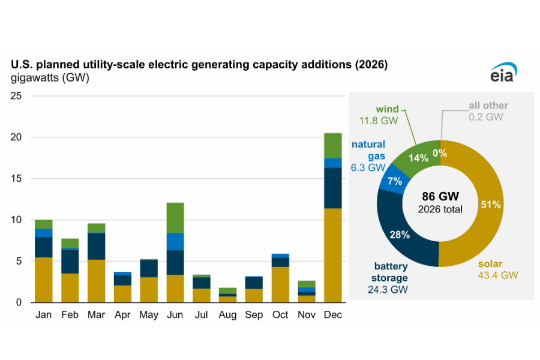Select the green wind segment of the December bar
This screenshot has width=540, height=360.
point(332,145)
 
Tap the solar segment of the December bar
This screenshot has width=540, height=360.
point(332,255)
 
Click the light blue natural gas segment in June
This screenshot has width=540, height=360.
point(175,241)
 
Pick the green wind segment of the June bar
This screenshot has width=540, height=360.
point(175,218)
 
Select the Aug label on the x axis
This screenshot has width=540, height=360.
point(227,315)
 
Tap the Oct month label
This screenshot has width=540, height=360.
point(280,315)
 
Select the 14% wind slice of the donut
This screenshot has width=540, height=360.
point(418,158)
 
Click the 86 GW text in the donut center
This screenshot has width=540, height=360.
point(440,196)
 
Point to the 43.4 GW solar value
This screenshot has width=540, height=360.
point(498,275)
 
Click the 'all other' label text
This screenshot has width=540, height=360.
point(488,106)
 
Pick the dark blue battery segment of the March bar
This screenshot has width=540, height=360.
point(97,246)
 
